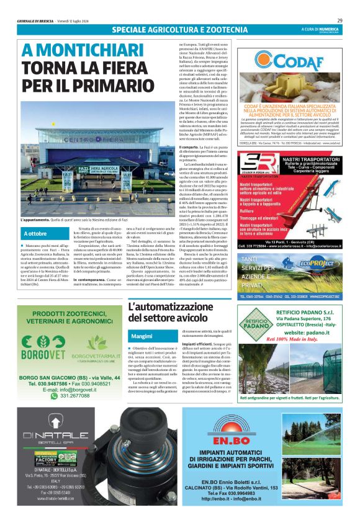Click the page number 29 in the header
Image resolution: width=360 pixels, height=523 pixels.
340,20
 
